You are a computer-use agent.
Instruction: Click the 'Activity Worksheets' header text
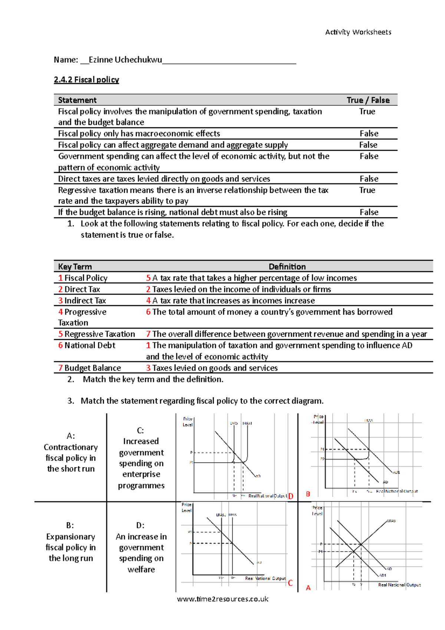click(358, 32)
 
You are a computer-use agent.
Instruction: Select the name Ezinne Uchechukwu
click(125, 60)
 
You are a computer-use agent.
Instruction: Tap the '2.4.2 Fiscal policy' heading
click(86, 80)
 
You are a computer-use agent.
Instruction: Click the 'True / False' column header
click(368, 100)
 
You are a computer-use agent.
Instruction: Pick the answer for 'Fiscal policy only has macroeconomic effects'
click(369, 134)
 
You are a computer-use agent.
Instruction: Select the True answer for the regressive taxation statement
click(367, 190)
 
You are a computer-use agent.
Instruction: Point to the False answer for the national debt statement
click(369, 212)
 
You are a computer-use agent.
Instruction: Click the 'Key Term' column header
click(75, 267)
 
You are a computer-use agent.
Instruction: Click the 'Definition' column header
click(287, 267)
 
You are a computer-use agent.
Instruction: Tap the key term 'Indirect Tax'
click(85, 301)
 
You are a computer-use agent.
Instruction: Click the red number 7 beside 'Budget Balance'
click(60, 368)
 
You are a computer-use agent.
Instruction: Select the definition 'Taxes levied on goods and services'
click(215, 368)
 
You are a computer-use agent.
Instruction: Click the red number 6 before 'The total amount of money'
click(148, 312)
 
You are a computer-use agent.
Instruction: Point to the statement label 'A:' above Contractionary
click(70, 436)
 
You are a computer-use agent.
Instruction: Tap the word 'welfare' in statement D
click(141, 570)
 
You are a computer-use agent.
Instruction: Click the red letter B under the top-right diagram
click(308, 494)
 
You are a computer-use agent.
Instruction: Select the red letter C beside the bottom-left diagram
click(290, 583)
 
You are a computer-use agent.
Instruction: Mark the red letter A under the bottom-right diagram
click(308, 588)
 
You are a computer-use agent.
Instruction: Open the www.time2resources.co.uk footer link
click(222, 599)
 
